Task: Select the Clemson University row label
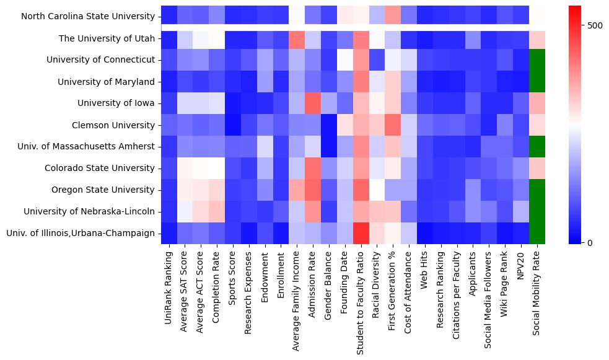111,125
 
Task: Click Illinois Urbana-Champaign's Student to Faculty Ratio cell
361,233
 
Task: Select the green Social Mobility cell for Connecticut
537,60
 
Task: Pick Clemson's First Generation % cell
393,125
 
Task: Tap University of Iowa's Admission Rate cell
313,103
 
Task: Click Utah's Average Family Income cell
297,38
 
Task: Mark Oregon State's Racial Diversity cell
377,190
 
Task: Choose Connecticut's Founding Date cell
344,60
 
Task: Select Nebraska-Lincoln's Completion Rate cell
217,211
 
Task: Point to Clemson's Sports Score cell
233,125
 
